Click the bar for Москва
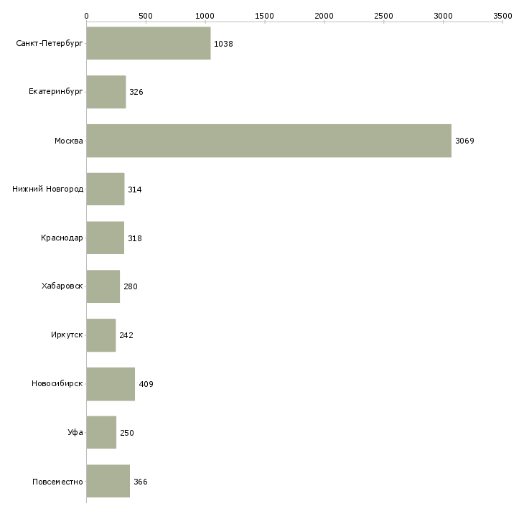click(268, 141)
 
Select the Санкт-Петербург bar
click(148, 44)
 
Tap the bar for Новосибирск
click(111, 383)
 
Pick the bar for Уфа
click(101, 432)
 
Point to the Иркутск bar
click(100, 335)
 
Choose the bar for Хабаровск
click(103, 286)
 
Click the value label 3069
click(464, 141)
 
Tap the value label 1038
click(223, 44)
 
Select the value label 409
click(146, 384)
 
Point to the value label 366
click(141, 482)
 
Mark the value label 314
click(135, 190)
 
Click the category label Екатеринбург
click(56, 92)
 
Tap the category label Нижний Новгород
click(48, 190)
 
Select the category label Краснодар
click(62, 238)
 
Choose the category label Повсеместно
click(57, 481)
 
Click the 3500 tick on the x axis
click(502, 15)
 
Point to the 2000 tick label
click(324, 15)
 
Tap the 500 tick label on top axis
click(146, 15)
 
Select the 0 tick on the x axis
click(86, 15)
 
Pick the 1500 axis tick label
click(265, 15)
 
